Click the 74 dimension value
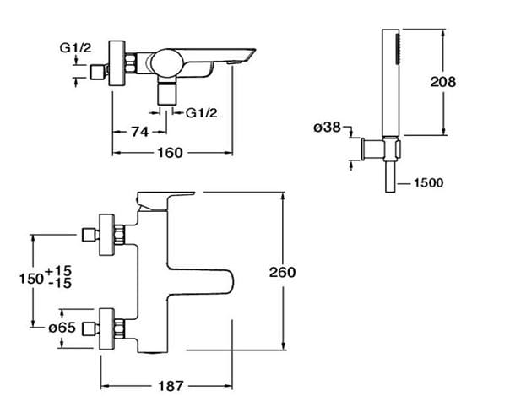click(140, 132)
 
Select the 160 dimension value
click(170, 153)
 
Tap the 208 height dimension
click(443, 82)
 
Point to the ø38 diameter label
click(327, 128)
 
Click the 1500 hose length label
click(428, 182)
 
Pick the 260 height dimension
click(282, 272)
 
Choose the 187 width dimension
click(171, 386)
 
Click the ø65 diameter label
click(62, 328)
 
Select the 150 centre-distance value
click(31, 279)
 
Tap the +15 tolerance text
click(58, 270)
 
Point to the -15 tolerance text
click(60, 284)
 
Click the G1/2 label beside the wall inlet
click(75, 48)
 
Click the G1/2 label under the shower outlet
click(201, 113)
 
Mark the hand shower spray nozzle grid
click(397, 49)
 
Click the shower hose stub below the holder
click(390, 176)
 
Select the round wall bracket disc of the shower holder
click(363, 149)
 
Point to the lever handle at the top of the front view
click(165, 201)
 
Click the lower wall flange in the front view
click(107, 328)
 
